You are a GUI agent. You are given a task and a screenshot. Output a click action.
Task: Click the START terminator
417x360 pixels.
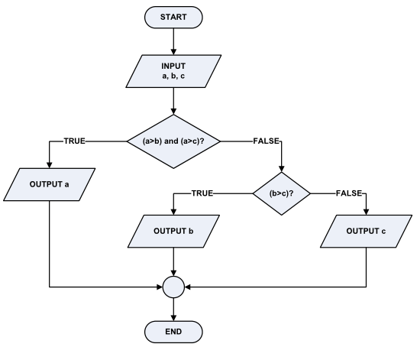tap(174, 16)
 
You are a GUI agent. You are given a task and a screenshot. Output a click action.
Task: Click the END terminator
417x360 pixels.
tap(174, 331)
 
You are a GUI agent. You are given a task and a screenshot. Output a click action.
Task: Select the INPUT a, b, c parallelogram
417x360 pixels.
tap(174, 73)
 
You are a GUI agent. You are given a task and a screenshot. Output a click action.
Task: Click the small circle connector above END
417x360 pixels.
tap(174, 287)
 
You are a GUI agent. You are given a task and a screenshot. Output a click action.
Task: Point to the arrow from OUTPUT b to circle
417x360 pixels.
tap(174, 264)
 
